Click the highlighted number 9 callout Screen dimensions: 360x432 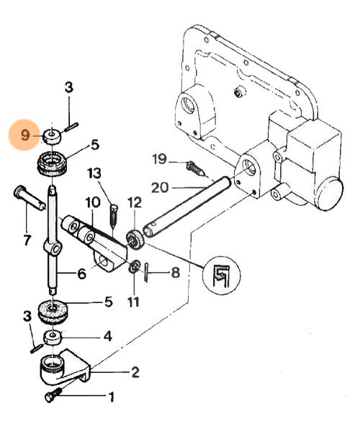[x=24, y=135]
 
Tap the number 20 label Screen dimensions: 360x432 [x=160, y=188]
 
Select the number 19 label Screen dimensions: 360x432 [x=160, y=159]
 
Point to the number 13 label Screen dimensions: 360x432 [x=94, y=174]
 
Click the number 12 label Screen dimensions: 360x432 [x=135, y=202]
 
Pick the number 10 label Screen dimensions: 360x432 [x=93, y=202]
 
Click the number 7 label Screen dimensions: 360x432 [x=27, y=240]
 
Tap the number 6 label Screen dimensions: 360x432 [x=82, y=274]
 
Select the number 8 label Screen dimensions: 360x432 [x=176, y=272]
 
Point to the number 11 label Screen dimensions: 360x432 [x=134, y=302]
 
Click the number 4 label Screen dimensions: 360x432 [x=108, y=336]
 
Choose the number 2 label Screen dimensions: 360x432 [x=135, y=372]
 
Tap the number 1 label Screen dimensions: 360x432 [x=112, y=397]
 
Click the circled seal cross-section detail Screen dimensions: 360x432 [x=221, y=275]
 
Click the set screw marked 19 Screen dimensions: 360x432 [x=195, y=168]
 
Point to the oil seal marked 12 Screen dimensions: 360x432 [x=135, y=239]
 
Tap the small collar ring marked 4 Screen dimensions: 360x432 [x=53, y=338]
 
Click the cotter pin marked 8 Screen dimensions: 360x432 [x=146, y=273]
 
